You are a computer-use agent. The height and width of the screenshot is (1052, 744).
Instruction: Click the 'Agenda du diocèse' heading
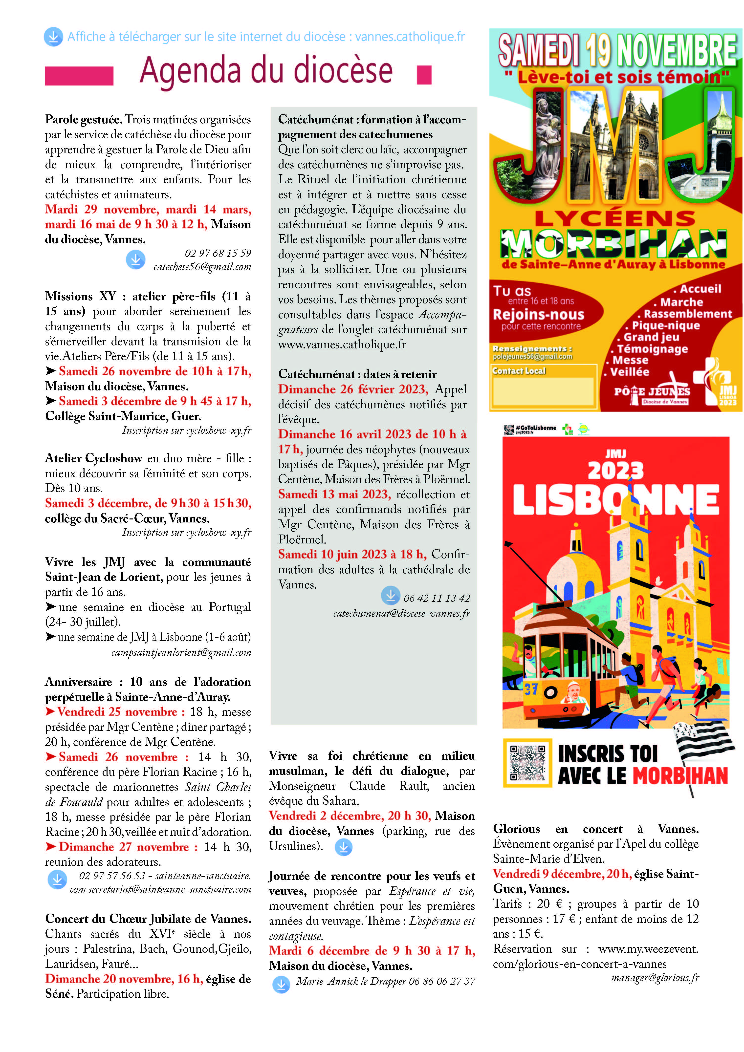pyautogui.click(x=266, y=71)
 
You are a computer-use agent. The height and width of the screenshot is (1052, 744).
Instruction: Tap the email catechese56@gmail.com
pyautogui.click(x=202, y=267)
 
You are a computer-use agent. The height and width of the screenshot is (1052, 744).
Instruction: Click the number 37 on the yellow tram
pyautogui.click(x=531, y=689)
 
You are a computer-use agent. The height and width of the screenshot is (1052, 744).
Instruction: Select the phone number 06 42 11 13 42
pyautogui.click(x=437, y=598)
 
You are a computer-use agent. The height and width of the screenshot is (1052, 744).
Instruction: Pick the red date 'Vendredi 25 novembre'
pyautogui.click(x=117, y=711)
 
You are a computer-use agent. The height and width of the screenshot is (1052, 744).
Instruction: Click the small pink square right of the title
pyautogui.click(x=424, y=75)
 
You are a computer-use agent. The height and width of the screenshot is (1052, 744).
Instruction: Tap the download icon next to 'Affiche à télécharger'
pyautogui.click(x=53, y=37)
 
